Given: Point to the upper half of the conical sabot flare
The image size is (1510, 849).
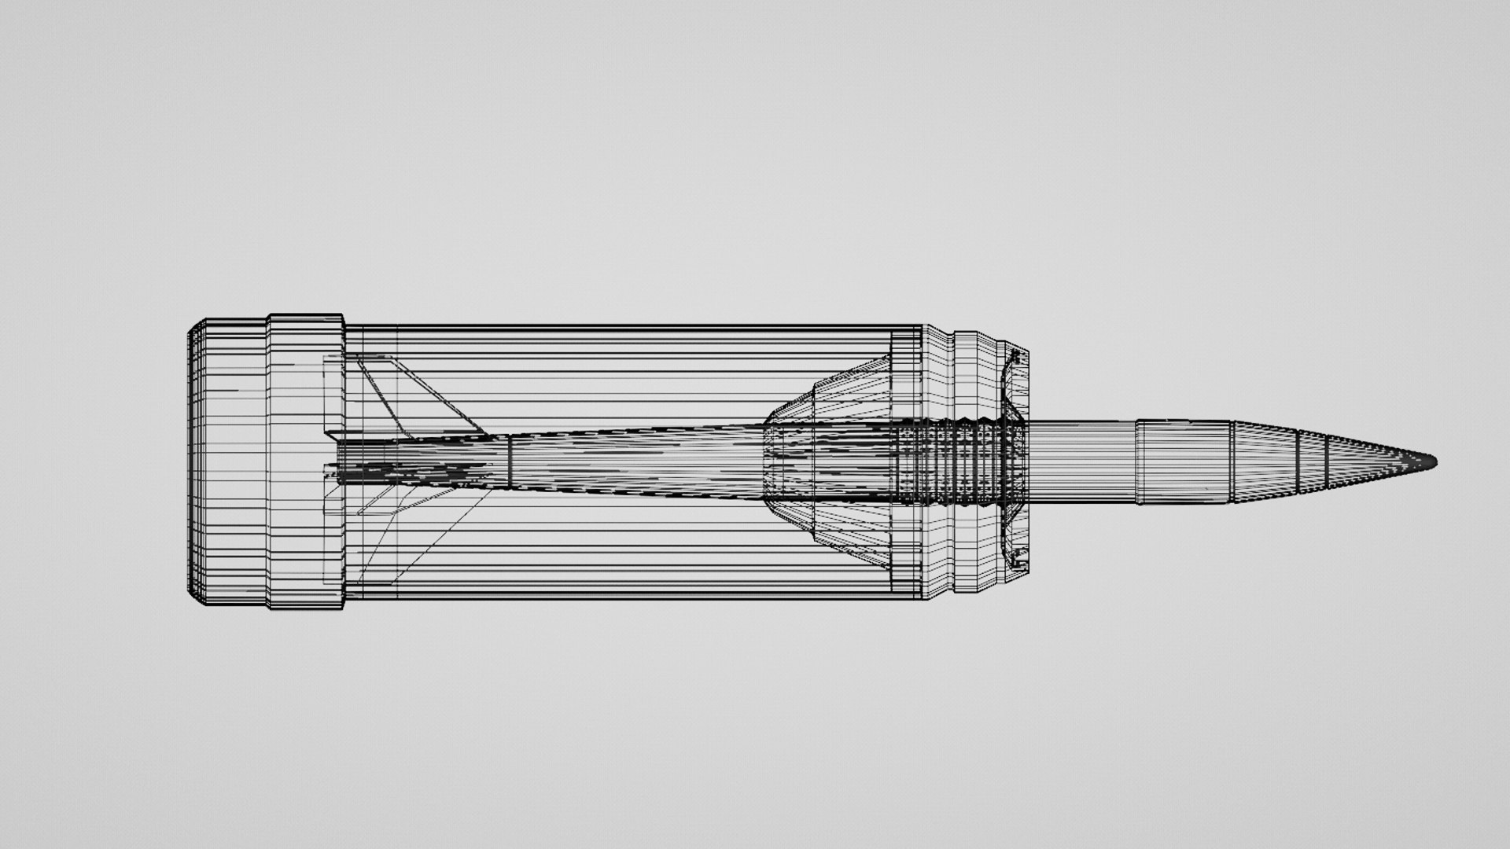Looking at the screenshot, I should [834, 393].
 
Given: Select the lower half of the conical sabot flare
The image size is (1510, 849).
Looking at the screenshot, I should [834, 531].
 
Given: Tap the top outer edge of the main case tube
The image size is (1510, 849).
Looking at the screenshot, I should [629, 325].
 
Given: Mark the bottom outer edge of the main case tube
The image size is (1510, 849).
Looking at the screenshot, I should [629, 597].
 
